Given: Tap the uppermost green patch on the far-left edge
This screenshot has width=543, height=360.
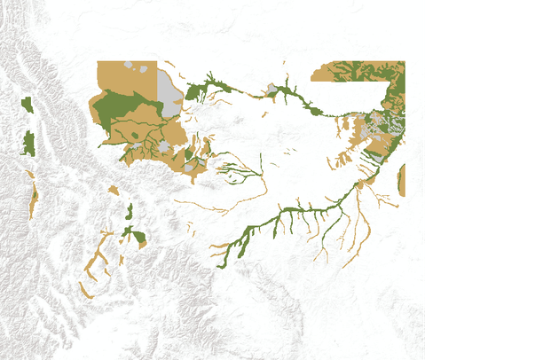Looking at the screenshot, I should pyautogui.click(x=27, y=106).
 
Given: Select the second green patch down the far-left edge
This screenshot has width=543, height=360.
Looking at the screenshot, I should pyautogui.click(x=28, y=143).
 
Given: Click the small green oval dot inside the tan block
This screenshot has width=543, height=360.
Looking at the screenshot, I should pyautogui.click(x=134, y=135).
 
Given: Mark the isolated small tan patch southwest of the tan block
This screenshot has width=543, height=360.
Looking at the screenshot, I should pyautogui.click(x=114, y=190).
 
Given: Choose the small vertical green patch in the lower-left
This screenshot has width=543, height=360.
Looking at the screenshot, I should pyautogui.click(x=130, y=211).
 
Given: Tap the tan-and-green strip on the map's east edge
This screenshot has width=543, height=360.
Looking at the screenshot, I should pyautogui.click(x=402, y=180).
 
